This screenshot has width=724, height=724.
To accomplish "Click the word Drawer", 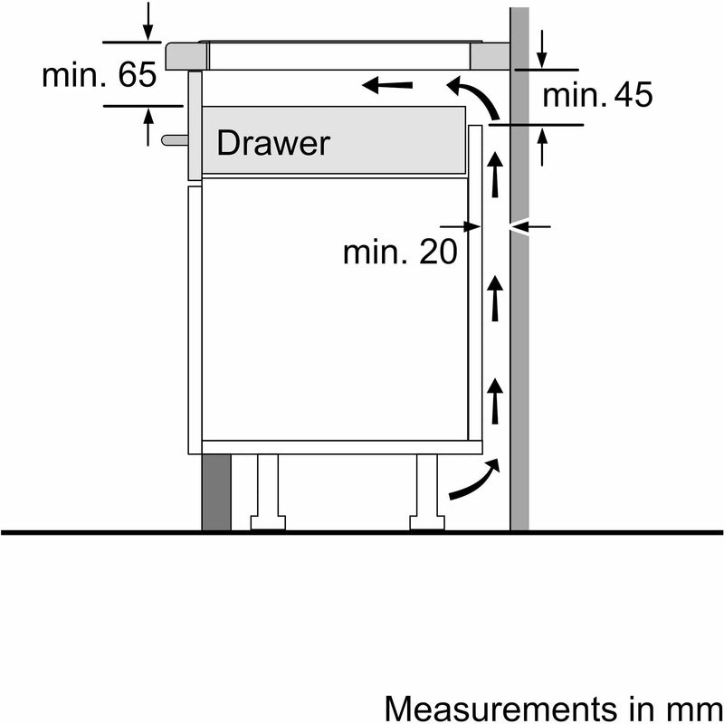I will coord(273,142).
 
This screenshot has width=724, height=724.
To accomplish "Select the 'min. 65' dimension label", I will coord(100,75).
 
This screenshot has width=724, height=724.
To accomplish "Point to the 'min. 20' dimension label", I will coord(399,252).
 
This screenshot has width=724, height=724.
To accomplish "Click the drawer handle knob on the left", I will coord(172,139).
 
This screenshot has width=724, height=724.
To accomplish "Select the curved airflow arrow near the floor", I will coord(473,481).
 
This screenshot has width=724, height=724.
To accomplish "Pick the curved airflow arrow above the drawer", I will coord(475,98).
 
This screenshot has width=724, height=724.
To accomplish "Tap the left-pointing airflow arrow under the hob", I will coord(388,86).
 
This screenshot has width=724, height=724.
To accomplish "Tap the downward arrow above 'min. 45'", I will coord(541,48).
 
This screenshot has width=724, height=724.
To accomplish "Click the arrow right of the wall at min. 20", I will coord(529,225).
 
